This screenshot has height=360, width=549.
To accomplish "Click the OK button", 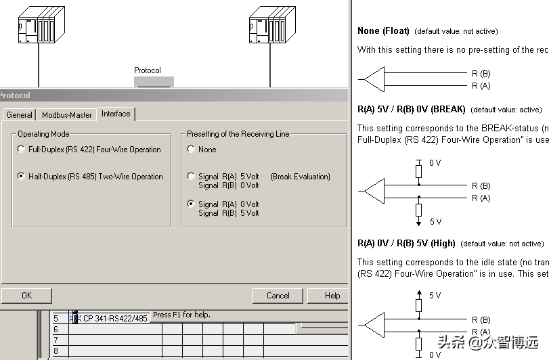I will pos(26,296).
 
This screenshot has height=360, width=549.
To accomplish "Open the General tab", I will pos(20,115).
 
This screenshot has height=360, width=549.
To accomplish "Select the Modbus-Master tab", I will pos(66,115).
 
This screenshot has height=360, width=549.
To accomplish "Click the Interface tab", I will pos(116,114).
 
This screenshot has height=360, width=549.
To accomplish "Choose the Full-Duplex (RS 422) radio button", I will pos(22,150).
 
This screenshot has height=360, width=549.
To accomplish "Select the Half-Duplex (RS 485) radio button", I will pos(22,177).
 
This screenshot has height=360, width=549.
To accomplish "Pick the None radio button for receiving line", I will pos(192,150).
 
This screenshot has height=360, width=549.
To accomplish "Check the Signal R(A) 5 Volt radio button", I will pos(192,177).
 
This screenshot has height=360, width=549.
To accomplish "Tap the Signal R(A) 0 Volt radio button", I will pos(192,204).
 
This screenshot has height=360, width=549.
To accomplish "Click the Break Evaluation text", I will pos(301,177).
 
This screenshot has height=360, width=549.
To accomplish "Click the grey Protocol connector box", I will pos(154,82).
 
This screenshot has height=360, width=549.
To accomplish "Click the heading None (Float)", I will pos(383,31).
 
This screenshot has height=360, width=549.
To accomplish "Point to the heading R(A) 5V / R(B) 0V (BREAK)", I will pos(411,110).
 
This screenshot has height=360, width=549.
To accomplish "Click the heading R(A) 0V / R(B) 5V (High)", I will pos(406,244).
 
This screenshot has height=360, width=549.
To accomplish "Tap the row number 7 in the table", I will pos(56,340).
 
